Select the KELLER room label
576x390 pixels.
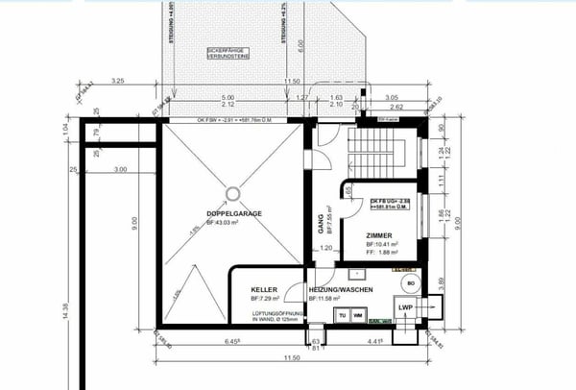tap(264, 289)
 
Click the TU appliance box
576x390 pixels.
tap(340, 314)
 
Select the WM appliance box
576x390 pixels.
tap(357, 314)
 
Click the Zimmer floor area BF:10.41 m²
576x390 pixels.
tap(384, 246)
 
